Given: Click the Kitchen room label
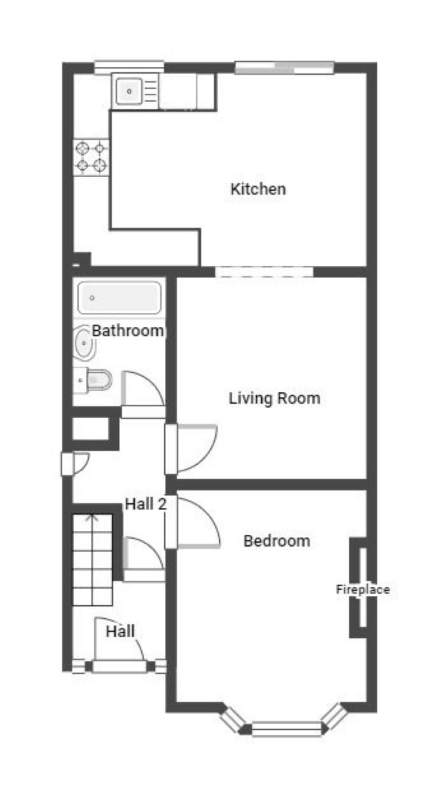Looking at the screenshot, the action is (x=258, y=189).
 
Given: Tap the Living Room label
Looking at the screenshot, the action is (x=275, y=398).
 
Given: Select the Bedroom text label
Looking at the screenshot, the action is (x=276, y=541).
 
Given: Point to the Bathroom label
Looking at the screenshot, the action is (x=127, y=331).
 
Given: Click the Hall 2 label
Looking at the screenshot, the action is (x=146, y=504).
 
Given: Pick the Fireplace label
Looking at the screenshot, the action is (x=363, y=589).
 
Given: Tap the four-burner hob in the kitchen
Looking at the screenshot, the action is (x=91, y=157).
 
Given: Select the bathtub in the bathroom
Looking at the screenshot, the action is (x=120, y=298).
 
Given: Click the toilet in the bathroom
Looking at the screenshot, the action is (x=93, y=381).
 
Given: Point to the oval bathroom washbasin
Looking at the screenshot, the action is (x=84, y=343).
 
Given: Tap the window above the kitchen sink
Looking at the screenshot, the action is (x=129, y=67).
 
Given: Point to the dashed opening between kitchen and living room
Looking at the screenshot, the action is (x=264, y=272).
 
